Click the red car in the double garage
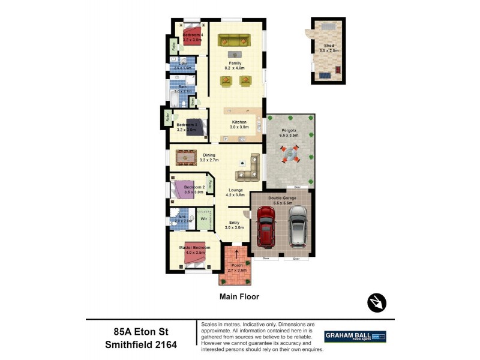click(265, 228)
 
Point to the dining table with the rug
click(186, 157)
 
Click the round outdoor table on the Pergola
click(290, 157)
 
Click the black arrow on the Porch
click(236, 254)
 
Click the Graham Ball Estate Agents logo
click(355, 337)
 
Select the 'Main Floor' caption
click(239, 296)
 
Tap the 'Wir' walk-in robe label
click(204, 219)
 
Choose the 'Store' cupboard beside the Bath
click(192, 103)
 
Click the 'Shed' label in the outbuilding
click(329, 46)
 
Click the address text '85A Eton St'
click(139, 331)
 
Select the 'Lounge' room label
click(235, 190)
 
